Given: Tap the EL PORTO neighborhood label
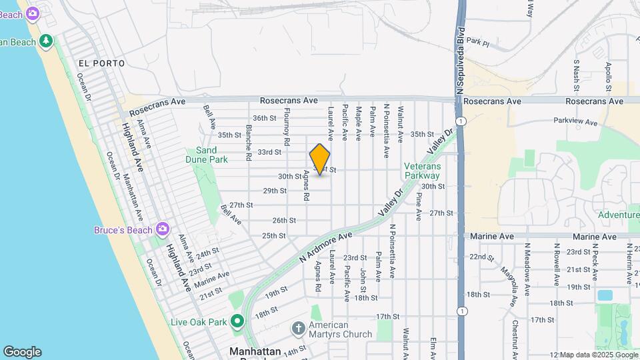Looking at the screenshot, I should point(101,63).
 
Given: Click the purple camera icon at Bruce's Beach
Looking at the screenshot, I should point(163,230).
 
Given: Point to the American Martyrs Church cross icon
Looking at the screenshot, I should point(298,329).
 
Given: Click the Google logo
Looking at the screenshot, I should point(22,352).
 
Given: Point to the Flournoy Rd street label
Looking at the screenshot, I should point(287,127).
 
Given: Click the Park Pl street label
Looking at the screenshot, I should point(478,42).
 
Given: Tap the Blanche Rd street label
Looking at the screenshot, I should point(249,143).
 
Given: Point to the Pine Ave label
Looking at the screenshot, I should point(419,207).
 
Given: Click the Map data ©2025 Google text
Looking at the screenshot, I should point(593,354).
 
